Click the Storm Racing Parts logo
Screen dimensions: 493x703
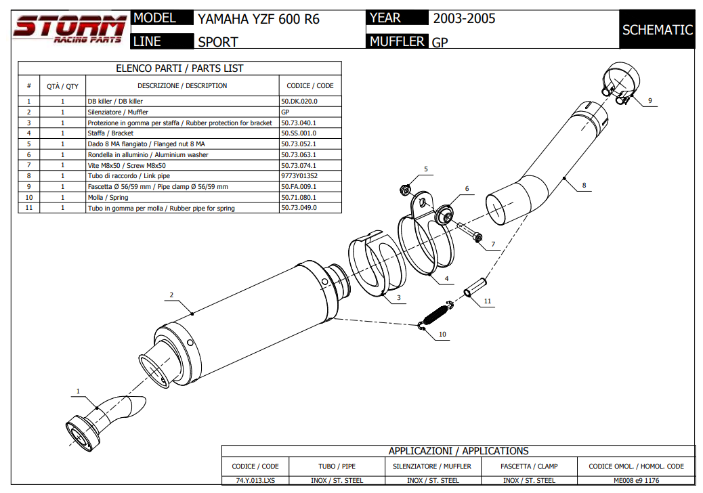[x=70, y=29]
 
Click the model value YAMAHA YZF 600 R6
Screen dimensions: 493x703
[x=258, y=19]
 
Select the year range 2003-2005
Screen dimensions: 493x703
[x=464, y=18]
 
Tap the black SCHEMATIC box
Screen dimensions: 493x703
[x=657, y=30]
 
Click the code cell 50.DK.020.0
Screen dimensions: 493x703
[x=299, y=101]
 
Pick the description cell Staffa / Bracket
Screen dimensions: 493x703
[x=110, y=133]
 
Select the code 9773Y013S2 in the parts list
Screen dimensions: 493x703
[x=299, y=176]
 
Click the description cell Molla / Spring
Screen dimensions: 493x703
[x=108, y=198]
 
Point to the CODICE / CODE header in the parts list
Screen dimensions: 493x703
[x=310, y=86]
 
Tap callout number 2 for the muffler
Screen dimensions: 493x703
[x=172, y=295]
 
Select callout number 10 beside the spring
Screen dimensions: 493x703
[x=442, y=335]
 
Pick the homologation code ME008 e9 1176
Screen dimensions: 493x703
[x=636, y=480]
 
